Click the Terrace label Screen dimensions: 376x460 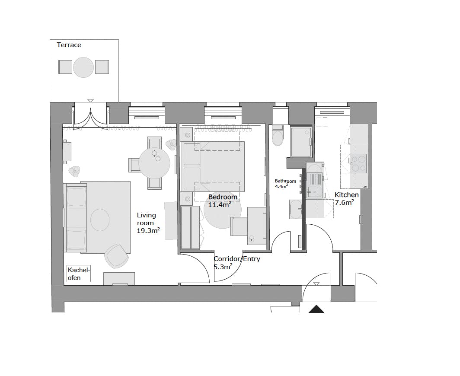(x=69, y=45)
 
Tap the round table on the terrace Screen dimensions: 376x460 (x=83, y=67)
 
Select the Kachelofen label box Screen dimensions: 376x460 (x=79, y=274)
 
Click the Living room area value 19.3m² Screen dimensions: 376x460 (x=148, y=231)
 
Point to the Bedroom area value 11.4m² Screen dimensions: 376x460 (x=219, y=204)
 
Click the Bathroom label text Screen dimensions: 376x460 (x=286, y=181)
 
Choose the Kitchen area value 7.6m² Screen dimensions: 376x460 (x=345, y=202)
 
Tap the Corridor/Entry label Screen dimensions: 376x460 (x=237, y=259)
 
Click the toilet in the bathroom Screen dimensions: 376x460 (x=278, y=137)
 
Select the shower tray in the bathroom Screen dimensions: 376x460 (x=301, y=141)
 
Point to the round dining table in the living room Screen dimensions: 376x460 (x=154, y=163)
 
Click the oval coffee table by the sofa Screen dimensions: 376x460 (x=100, y=220)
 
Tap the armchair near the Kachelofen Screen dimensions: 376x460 (x=116, y=255)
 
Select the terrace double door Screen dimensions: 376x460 (x=90, y=116)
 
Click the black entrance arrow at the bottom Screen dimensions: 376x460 (x=316, y=309)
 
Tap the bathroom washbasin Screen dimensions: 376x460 (x=297, y=209)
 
